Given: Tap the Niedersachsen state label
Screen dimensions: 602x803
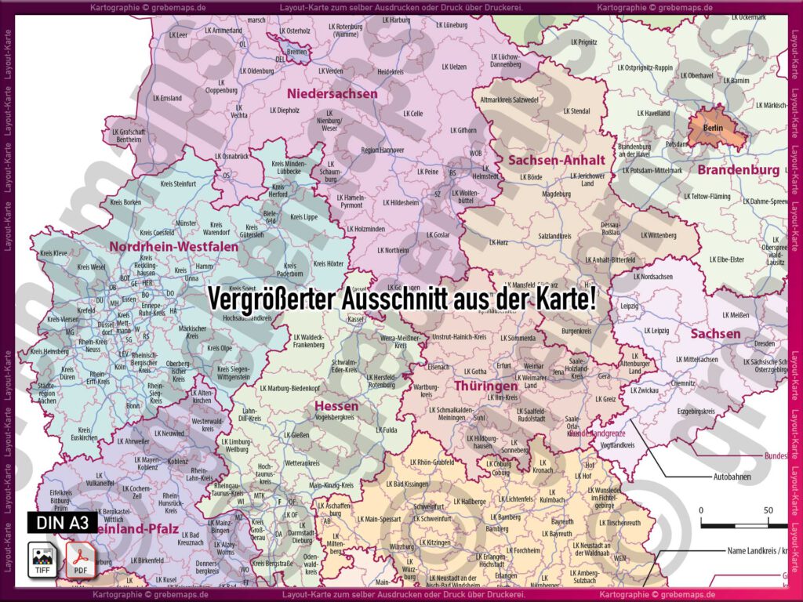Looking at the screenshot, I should coord(339,94).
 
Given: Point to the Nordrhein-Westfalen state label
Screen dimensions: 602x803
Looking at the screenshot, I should coord(173,247).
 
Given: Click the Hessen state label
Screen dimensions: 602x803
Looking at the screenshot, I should coord(336,406).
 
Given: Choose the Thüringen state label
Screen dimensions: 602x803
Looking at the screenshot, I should coord(485,386).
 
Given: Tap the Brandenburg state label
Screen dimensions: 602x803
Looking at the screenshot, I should coord(738,170).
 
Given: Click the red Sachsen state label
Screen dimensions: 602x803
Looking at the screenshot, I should coord(715,334).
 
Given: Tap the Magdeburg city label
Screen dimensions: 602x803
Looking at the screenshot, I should coord(556,194).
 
